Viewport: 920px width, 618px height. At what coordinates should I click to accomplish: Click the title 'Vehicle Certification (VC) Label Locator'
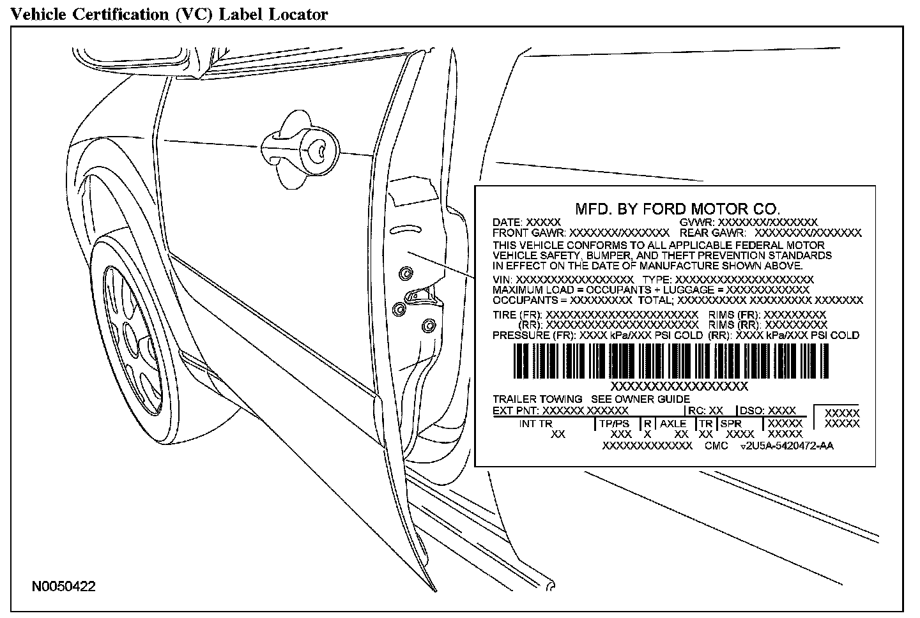point(169,13)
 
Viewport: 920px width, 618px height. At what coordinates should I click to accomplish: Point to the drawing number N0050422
point(65,587)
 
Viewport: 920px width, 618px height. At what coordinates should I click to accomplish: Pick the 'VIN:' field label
point(503,280)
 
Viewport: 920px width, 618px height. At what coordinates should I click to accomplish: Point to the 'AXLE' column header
point(673,423)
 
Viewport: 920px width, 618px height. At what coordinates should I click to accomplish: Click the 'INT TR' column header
point(535,423)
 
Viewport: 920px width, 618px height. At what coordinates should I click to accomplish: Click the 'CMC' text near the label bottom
point(716,446)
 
